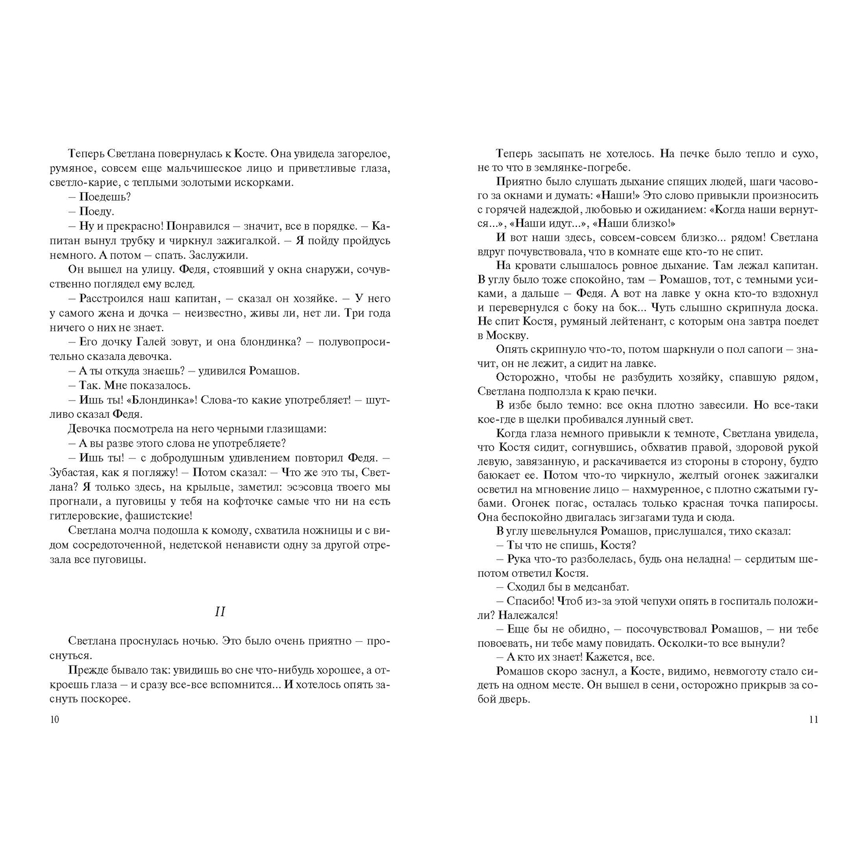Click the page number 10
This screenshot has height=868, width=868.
click(x=55, y=720)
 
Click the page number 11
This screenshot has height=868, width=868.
click(x=813, y=720)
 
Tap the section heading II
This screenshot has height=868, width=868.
click(x=220, y=611)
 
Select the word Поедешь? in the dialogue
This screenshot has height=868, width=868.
click(x=105, y=197)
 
